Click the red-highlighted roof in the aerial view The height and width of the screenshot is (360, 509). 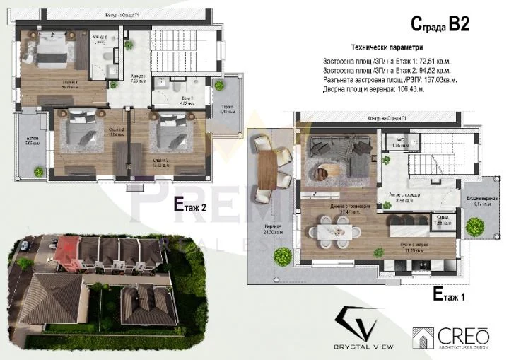pyautogui.click(x=66, y=248)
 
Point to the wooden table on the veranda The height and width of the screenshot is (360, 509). pyautogui.click(x=267, y=170)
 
